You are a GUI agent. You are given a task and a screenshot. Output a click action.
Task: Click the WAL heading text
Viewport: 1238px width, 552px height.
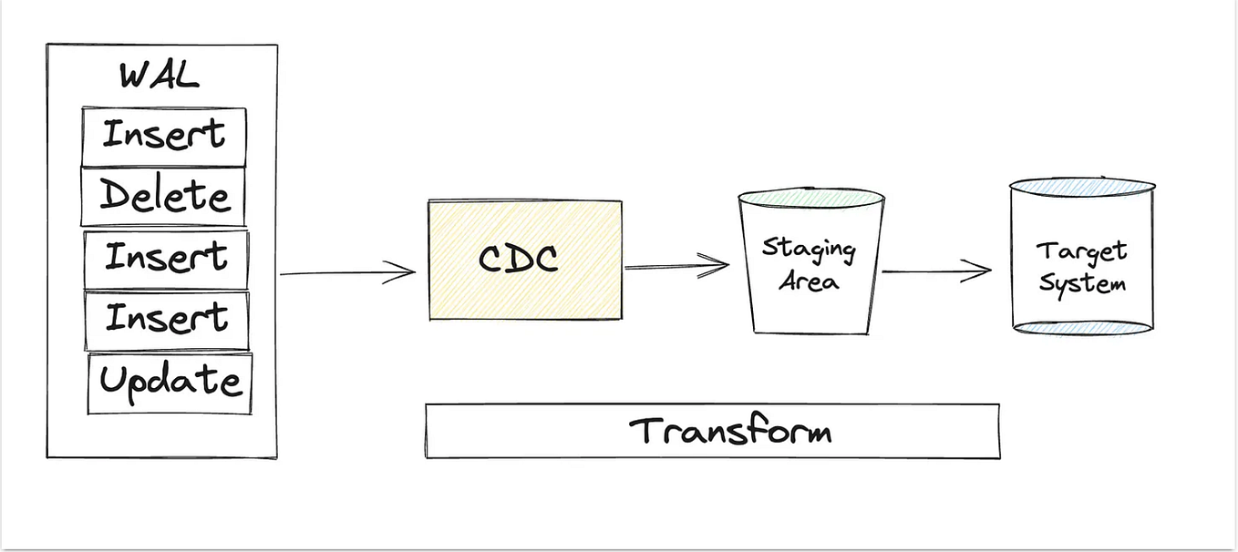tap(159, 75)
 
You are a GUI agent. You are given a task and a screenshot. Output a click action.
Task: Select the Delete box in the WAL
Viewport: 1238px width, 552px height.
tap(164, 196)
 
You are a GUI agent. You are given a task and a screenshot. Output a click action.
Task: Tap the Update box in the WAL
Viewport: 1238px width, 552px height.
tap(170, 383)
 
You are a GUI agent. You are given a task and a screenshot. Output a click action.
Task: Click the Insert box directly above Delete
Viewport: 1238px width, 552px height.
tap(164, 136)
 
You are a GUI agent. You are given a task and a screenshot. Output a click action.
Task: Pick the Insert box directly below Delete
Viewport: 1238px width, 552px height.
tap(166, 258)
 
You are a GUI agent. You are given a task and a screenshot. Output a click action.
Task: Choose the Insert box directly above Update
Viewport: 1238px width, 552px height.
tap(167, 320)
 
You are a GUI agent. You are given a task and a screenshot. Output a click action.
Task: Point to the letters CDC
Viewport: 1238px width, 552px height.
tap(518, 259)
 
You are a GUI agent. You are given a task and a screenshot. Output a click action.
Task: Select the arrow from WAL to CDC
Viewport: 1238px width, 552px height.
tap(346, 272)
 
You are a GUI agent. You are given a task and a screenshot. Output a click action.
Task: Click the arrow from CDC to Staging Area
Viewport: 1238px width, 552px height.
tap(676, 266)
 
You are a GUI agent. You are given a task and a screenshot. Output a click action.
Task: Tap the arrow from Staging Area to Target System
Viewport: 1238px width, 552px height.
tap(936, 271)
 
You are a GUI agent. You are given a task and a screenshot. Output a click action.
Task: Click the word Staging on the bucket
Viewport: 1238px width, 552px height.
tap(809, 250)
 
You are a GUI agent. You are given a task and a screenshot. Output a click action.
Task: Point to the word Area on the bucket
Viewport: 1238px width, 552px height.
tap(809, 281)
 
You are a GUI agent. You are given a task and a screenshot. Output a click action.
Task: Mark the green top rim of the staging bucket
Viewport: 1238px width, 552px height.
tap(810, 197)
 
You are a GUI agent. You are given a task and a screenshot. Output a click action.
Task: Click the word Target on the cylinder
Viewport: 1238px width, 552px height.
tap(1081, 250)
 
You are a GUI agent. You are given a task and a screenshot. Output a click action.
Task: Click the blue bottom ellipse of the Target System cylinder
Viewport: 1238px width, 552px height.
tap(1082, 327)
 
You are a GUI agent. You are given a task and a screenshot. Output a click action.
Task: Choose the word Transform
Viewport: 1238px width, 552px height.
tap(729, 431)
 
